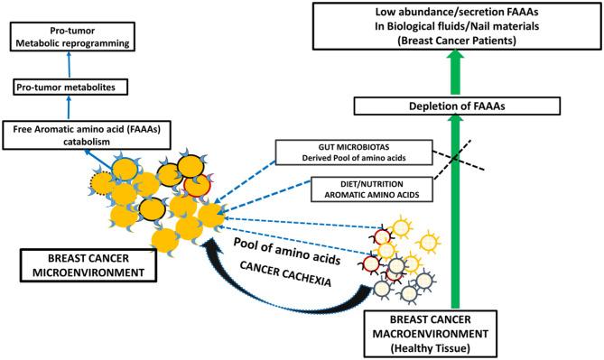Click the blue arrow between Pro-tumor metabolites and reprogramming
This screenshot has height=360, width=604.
tap(67, 67)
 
